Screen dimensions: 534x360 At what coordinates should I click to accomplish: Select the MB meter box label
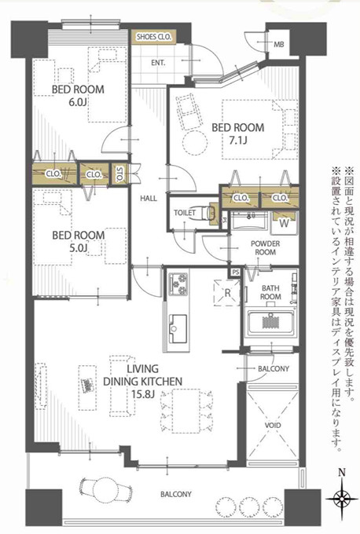click(277, 46)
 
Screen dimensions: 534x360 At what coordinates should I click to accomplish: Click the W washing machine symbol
click(283, 221)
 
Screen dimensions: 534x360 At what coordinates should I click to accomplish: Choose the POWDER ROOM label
click(266, 247)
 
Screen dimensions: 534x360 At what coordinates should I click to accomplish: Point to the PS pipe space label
click(235, 272)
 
